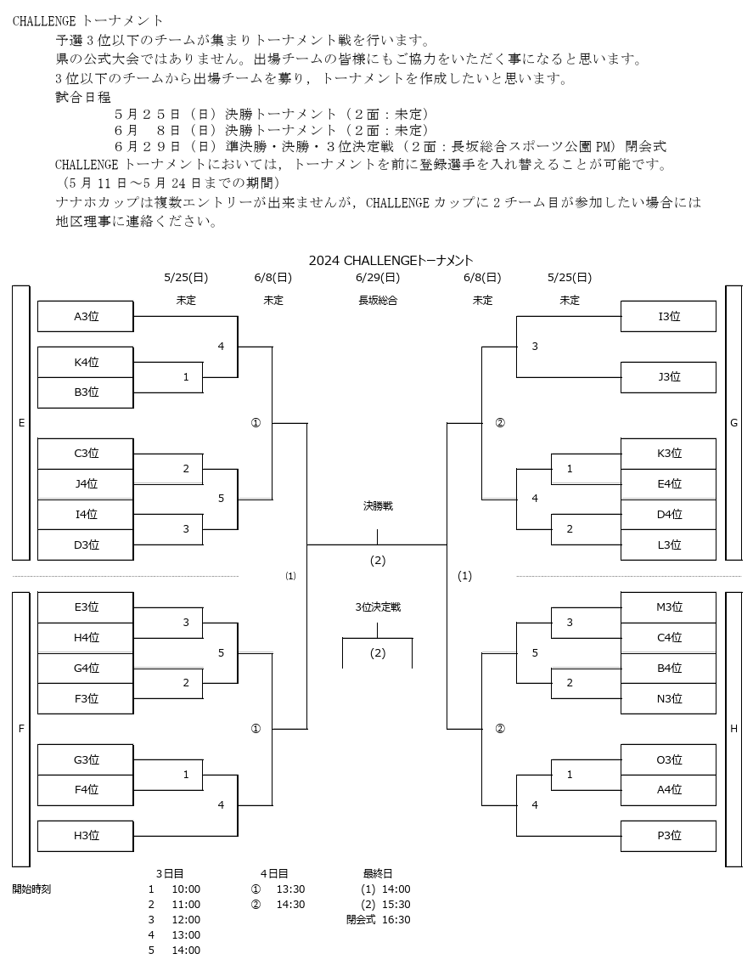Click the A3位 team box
(x=86, y=316)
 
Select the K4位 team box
(x=86, y=362)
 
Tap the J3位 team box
(x=668, y=376)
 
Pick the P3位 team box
(x=668, y=835)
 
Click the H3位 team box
(x=86, y=835)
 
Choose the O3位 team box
(x=668, y=759)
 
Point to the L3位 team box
(x=668, y=545)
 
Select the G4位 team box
(x=86, y=668)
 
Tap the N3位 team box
(x=668, y=698)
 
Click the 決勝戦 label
(x=378, y=506)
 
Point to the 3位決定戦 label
(x=378, y=607)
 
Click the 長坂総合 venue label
(x=378, y=301)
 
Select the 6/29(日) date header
(x=378, y=278)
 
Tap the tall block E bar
(x=21, y=423)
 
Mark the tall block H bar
(x=734, y=729)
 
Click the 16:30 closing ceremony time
(x=396, y=919)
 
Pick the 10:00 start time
(x=186, y=889)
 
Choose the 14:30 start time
(x=290, y=904)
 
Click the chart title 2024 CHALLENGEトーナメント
(x=391, y=260)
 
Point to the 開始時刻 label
(x=31, y=889)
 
